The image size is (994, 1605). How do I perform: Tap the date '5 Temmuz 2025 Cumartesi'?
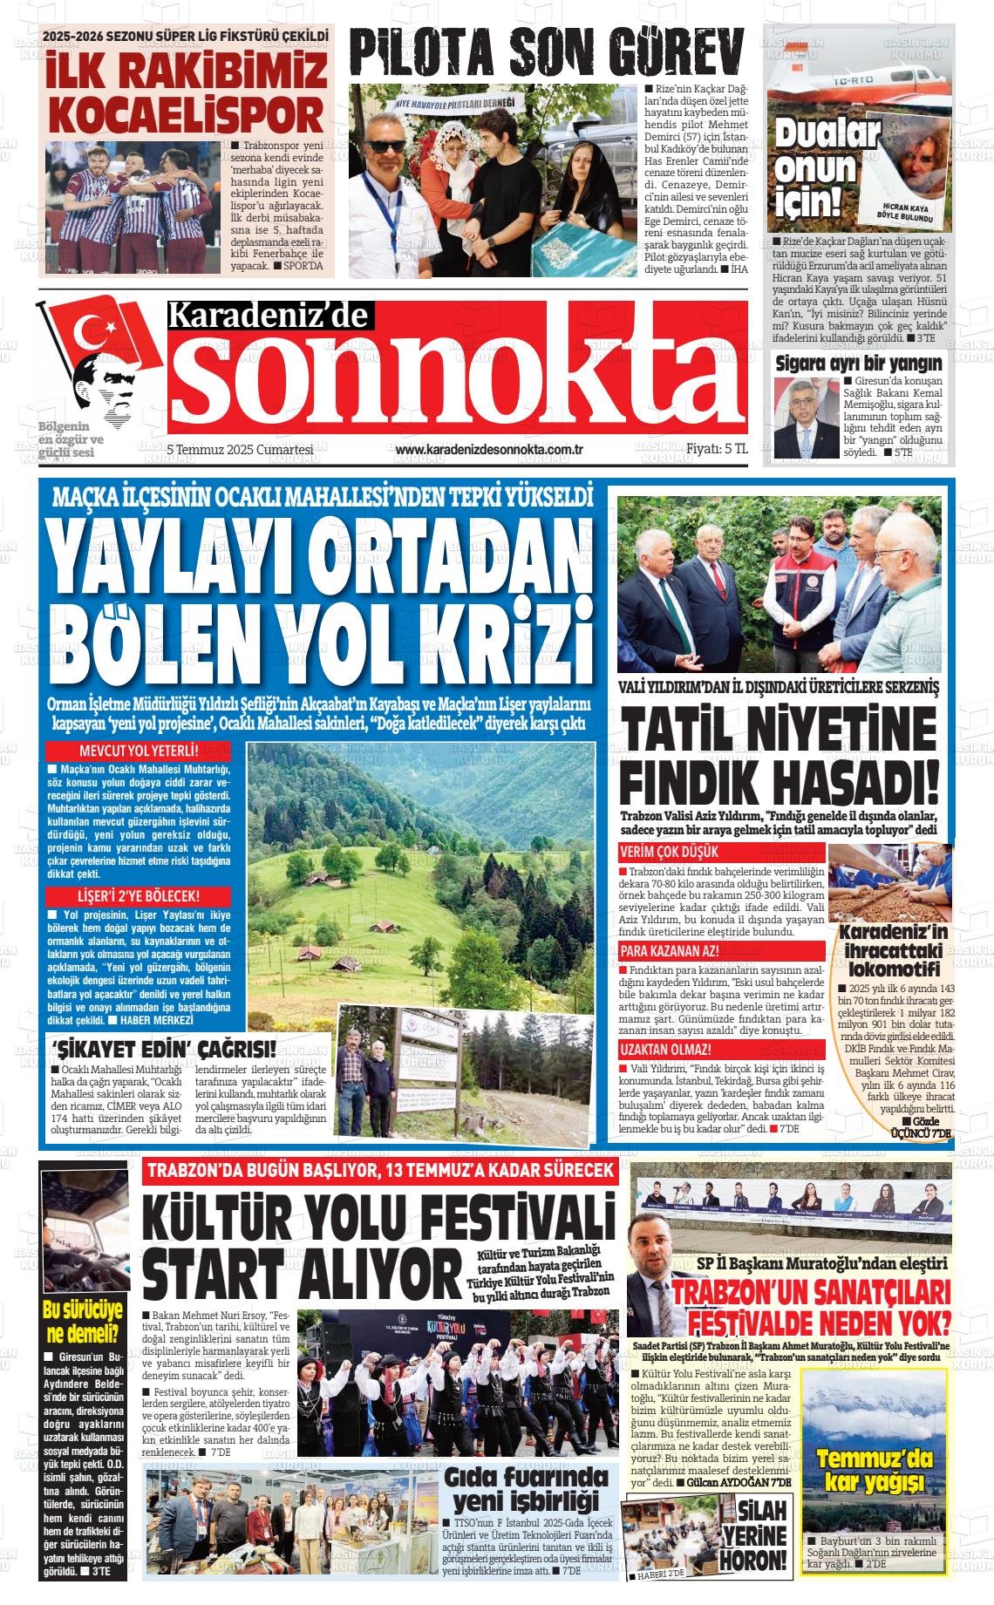(x=240, y=450)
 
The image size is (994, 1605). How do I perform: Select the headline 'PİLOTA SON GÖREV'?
(x=548, y=50)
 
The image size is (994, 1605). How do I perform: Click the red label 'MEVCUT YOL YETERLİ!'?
(x=139, y=751)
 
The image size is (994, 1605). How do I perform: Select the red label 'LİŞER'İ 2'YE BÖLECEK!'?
(x=139, y=895)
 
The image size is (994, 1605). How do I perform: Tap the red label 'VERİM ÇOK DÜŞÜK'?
(x=670, y=852)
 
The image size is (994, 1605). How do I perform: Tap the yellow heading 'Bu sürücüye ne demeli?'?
(x=81, y=1323)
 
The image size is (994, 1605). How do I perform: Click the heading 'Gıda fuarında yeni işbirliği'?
(x=525, y=1488)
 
